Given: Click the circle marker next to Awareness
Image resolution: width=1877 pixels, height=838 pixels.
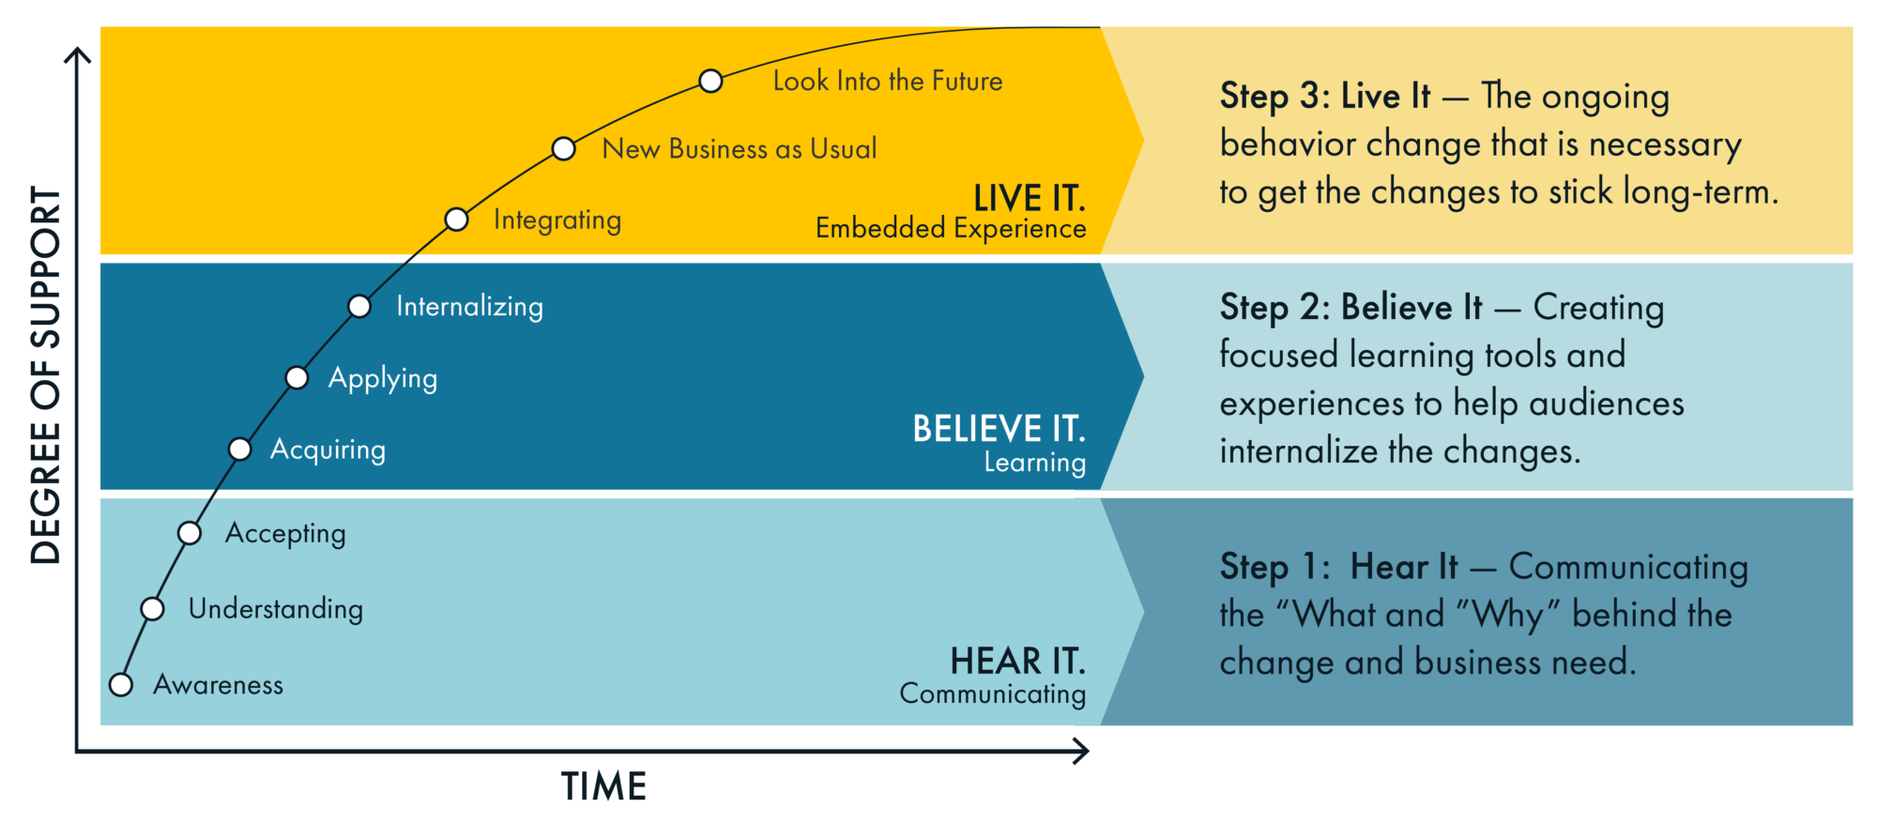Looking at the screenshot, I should [121, 685].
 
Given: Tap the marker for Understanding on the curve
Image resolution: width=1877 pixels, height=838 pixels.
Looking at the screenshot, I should [153, 609].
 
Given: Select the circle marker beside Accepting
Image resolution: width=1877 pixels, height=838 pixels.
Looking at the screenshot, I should [190, 533].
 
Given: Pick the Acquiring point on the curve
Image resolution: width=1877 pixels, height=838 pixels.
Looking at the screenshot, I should [240, 449].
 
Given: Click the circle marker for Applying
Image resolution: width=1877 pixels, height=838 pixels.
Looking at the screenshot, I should [297, 377].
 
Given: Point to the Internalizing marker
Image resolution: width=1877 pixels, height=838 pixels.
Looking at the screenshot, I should [359, 306].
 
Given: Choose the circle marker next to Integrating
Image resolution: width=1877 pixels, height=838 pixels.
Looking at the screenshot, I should [457, 220].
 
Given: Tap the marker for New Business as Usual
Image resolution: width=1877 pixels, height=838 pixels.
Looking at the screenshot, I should [564, 148].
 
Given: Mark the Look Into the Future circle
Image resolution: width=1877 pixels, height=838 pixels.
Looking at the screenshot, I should [711, 82].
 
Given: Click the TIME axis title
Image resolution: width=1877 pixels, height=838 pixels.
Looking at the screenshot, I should [603, 786].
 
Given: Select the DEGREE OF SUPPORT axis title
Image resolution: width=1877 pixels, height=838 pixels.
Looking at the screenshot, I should [46, 375].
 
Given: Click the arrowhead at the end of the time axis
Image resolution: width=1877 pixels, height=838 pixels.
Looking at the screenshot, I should [1082, 751].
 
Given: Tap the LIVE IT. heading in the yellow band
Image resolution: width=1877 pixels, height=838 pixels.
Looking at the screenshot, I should [1029, 198].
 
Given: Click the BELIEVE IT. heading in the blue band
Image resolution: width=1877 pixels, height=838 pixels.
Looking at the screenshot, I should [999, 429].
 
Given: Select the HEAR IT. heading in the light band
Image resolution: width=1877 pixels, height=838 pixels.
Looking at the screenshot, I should [1017, 661].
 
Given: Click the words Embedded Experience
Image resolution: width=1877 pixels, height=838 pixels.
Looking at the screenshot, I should [951, 228].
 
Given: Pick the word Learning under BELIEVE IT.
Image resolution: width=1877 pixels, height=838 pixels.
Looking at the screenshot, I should [1034, 462].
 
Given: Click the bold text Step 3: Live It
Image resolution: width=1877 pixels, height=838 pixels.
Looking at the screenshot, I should [1325, 96].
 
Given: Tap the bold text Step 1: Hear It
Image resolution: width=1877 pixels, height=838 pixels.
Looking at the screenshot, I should [1338, 567].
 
